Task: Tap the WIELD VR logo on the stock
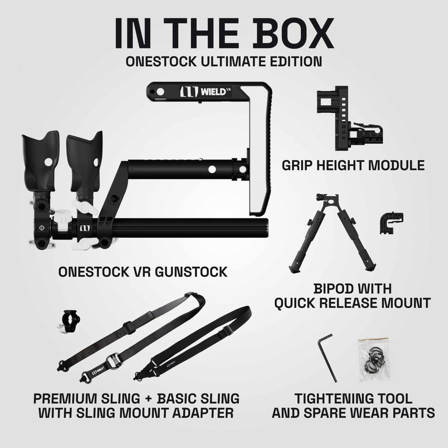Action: tap(206, 91)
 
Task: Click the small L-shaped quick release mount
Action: tap(387, 223)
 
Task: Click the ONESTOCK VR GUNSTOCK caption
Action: tap(143, 272)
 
